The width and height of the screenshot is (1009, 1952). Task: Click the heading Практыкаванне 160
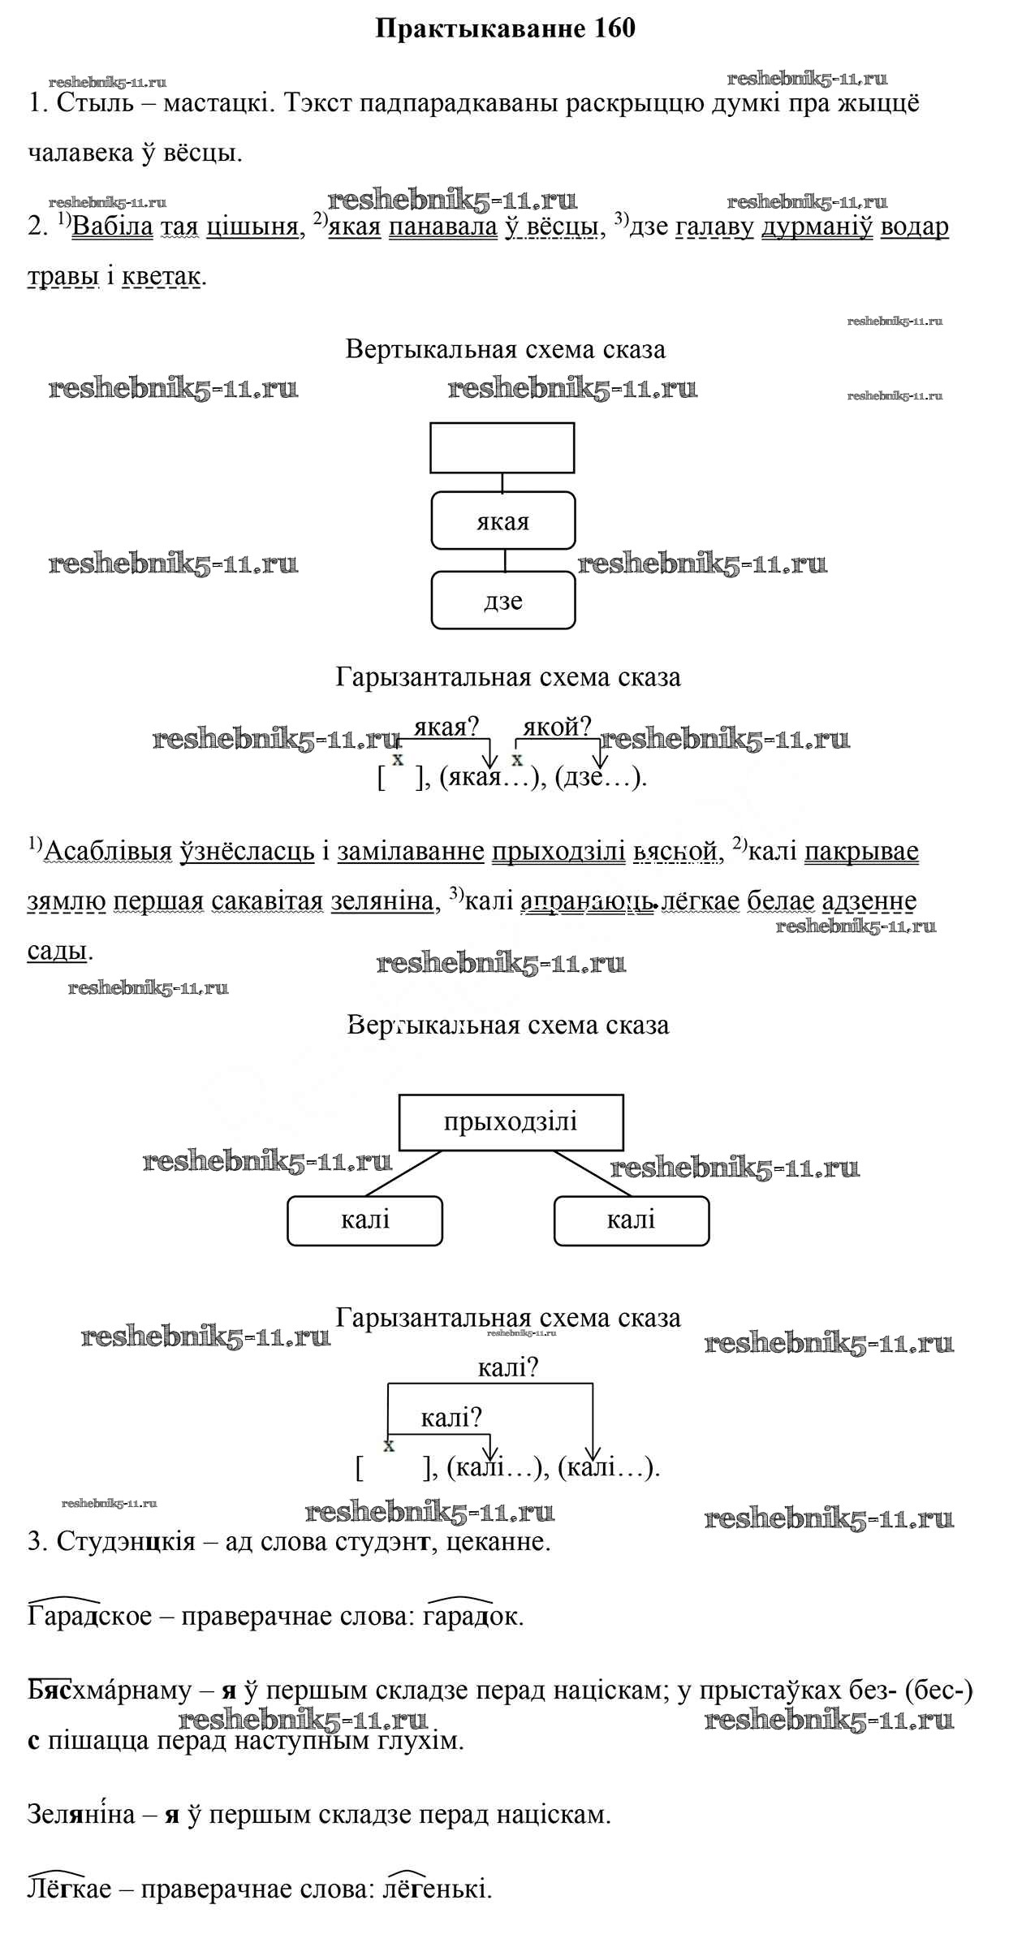point(506,29)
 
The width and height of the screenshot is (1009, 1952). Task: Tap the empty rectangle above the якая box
point(502,447)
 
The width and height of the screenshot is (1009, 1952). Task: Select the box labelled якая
point(502,520)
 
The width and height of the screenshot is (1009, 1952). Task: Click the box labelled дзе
point(502,600)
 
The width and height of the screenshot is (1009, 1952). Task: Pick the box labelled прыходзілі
point(511,1122)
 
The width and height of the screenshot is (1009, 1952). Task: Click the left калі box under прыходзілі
point(365,1220)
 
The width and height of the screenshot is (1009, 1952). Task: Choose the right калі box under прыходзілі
point(631,1220)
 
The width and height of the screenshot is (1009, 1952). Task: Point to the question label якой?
point(557,727)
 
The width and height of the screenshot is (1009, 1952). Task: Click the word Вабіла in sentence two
point(113,227)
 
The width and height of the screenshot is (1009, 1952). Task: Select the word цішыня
point(252,227)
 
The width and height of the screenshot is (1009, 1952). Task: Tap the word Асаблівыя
point(108,851)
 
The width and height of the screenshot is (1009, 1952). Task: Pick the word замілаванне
point(411,851)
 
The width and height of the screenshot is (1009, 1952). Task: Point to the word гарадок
point(470,1616)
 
